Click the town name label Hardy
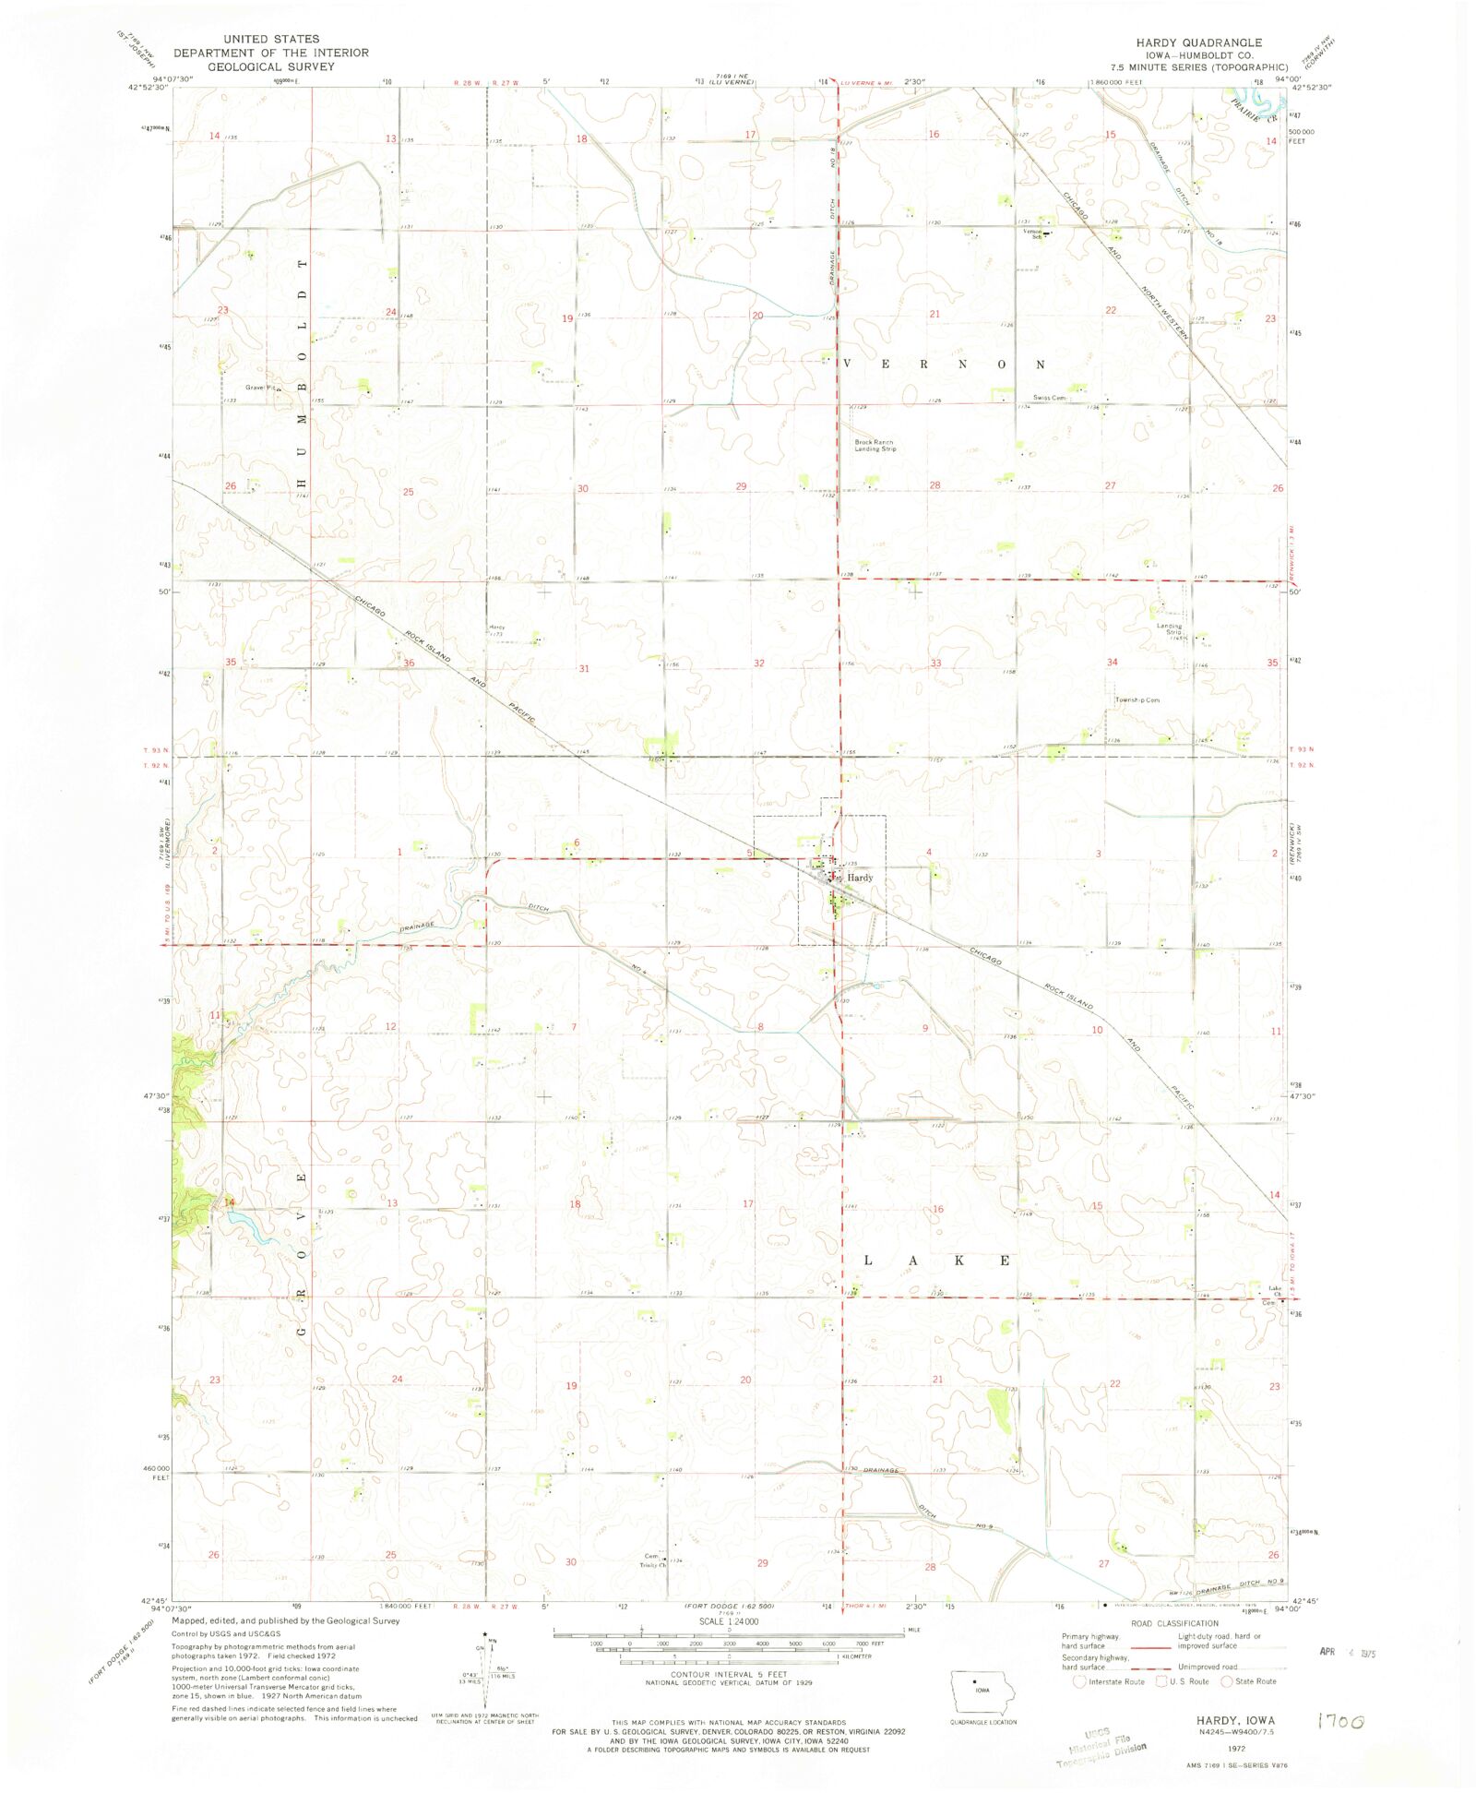pos(860,878)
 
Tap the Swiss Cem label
pos(1049,398)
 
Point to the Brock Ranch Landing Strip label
pos(875,446)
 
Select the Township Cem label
pos(1137,700)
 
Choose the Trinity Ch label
pos(654,1565)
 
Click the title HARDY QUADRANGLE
pos(1198,43)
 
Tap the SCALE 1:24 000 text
pos(729,1621)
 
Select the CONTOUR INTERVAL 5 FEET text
pos(729,1675)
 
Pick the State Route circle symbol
pos(1227,1681)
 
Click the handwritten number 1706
pos(1340,1721)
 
